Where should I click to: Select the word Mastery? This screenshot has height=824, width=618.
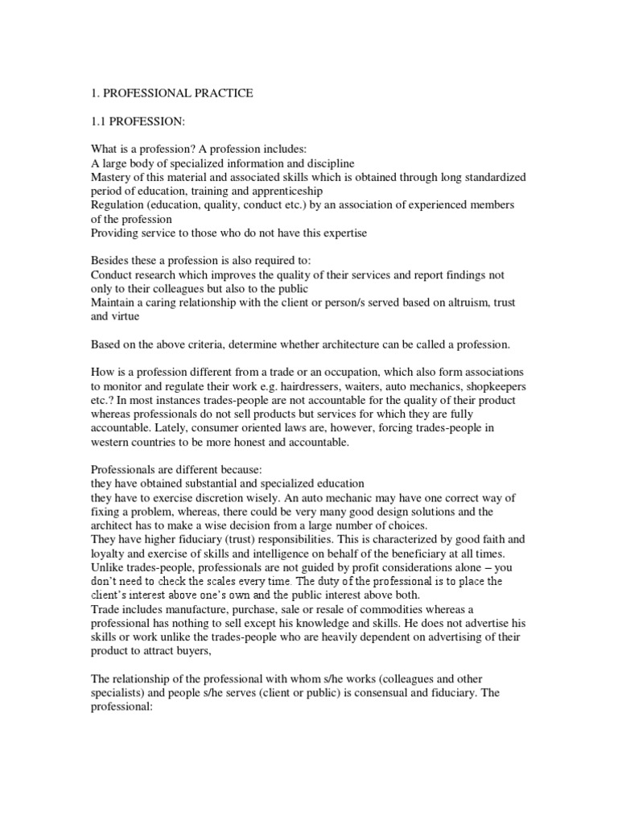113,177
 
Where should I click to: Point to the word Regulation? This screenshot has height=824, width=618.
119,205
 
